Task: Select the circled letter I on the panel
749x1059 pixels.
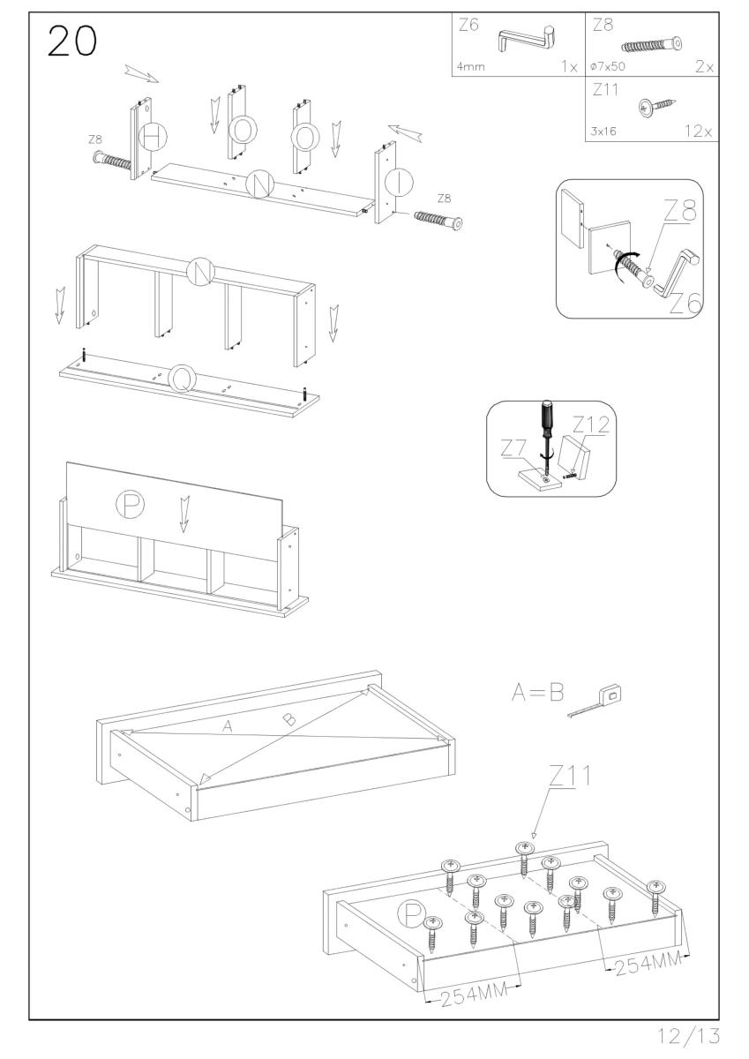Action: pos(401,183)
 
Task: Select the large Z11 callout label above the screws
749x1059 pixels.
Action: pos(571,777)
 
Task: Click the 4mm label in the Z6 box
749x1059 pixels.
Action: pos(471,66)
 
